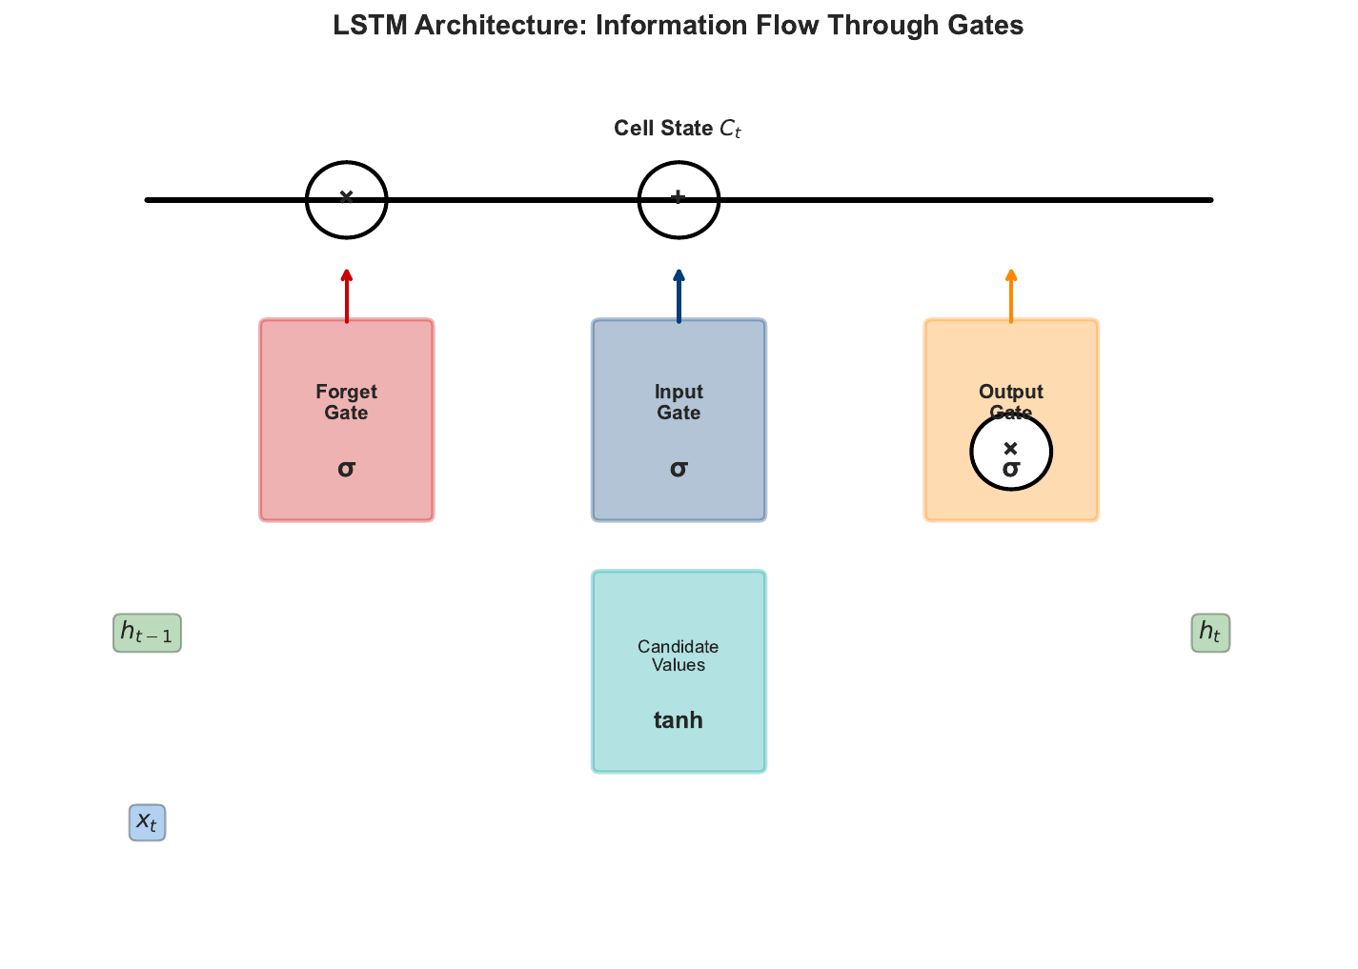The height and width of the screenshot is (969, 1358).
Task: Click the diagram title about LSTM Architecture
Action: coord(678,26)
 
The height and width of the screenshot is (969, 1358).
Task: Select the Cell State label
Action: coord(677,129)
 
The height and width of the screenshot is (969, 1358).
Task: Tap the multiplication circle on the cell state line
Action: coord(346,199)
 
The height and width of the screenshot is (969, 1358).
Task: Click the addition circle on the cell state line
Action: coord(678,199)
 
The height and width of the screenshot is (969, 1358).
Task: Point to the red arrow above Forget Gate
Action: coord(347,295)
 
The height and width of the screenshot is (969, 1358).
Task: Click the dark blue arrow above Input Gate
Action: coord(679,295)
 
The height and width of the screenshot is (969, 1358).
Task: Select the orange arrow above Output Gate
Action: coord(1011,295)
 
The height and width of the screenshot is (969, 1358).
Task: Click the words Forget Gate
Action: coord(346,402)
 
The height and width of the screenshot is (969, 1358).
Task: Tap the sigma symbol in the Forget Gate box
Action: coord(346,468)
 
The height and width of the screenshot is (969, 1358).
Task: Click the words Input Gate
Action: coord(679,402)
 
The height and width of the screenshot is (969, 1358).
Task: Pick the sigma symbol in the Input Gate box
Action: coord(679,468)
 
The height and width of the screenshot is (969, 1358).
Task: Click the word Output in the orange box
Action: coord(1011,392)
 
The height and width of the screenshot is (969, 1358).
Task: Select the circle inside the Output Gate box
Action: coord(1011,452)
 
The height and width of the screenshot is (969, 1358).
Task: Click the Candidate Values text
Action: coord(679,656)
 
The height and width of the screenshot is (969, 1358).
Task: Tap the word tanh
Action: coord(679,720)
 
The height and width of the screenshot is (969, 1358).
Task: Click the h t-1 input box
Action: coord(147,633)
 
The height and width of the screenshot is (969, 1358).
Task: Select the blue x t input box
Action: coord(147,822)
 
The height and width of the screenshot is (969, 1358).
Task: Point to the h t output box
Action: coord(1210,633)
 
